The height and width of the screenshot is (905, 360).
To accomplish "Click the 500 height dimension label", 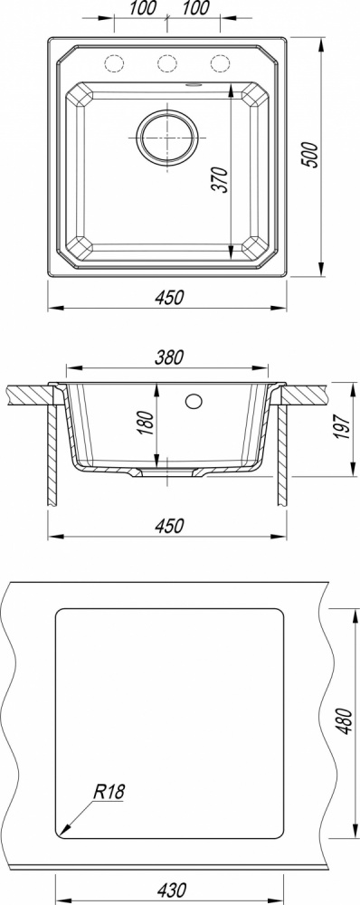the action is click(311, 155).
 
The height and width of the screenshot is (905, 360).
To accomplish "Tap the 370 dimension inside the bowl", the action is click(223, 179).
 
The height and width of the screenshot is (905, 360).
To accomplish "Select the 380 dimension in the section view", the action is click(168, 357).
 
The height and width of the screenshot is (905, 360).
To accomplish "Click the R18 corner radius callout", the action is click(109, 792).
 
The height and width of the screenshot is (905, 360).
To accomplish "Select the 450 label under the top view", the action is click(169, 297).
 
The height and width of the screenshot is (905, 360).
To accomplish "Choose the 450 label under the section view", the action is click(169, 527).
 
